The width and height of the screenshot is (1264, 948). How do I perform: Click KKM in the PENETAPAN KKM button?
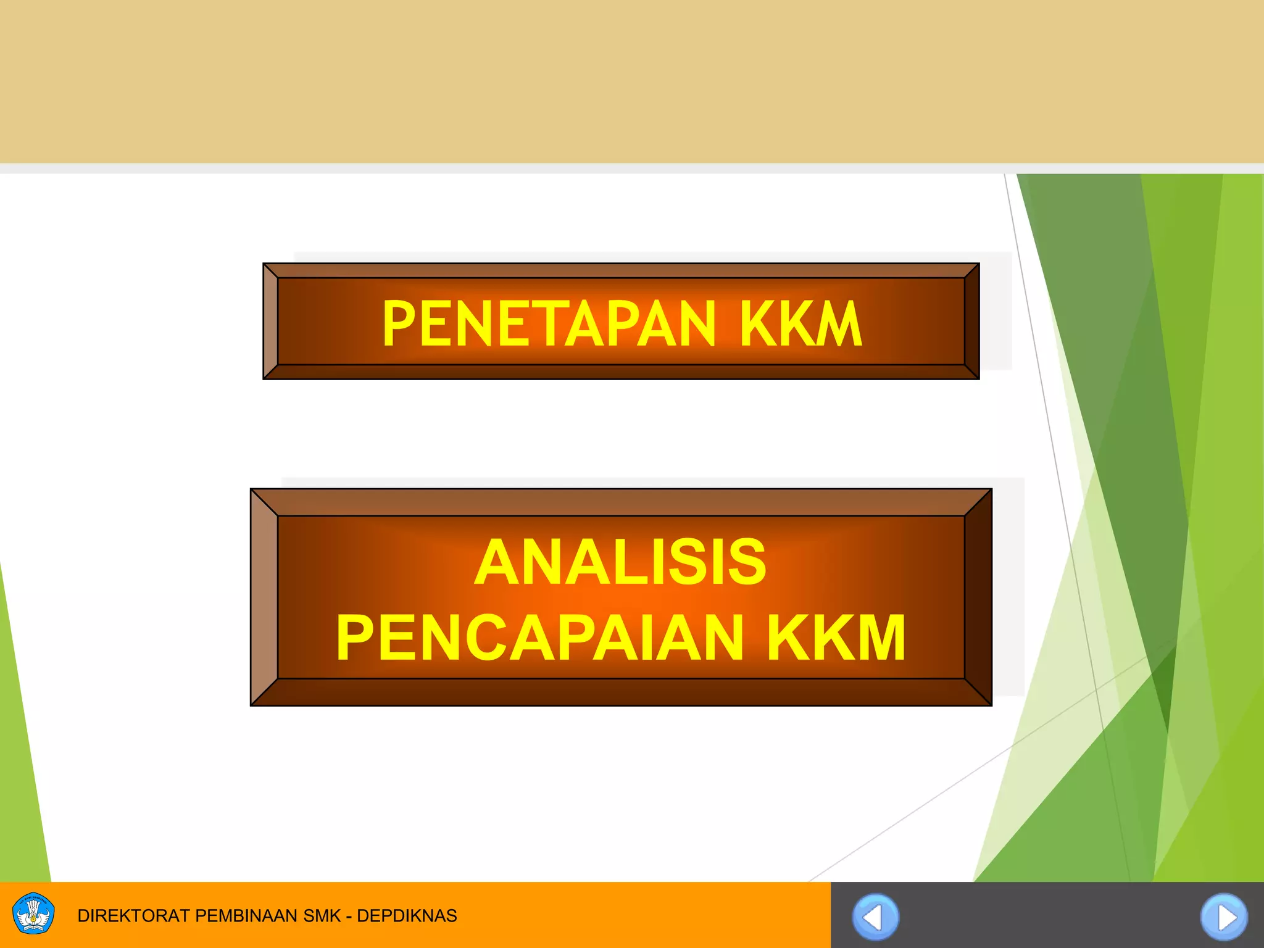point(800,323)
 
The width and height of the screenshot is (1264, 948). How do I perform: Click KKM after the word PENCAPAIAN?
point(836,638)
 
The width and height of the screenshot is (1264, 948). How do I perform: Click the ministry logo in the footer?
point(33,914)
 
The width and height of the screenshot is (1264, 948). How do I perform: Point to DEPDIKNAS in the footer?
point(407,916)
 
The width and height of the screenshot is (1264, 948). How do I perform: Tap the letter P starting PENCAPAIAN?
point(355,638)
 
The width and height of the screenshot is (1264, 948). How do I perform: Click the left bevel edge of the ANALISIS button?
point(264,597)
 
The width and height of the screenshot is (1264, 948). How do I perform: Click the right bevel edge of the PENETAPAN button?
point(971,321)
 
